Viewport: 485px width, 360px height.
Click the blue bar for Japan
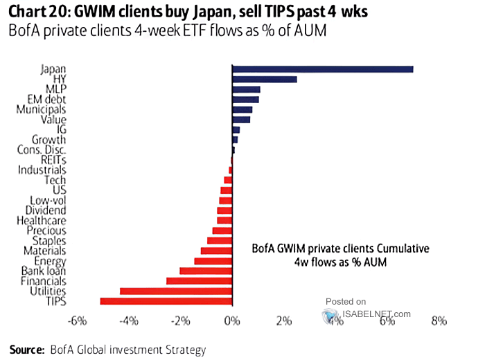pos(322,69)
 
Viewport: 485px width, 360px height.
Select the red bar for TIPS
pos(166,301)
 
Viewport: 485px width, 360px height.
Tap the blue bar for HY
pos(264,79)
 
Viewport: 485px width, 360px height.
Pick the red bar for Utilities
pos(176,291)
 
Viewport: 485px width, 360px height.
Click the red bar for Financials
pos(199,281)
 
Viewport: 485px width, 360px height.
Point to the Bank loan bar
pos(206,271)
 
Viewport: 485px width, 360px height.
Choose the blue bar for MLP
pos(246,89)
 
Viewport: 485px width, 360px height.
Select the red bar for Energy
pos(213,261)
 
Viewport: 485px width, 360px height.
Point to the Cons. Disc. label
pos(42,150)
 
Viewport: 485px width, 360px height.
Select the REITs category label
pos(53,160)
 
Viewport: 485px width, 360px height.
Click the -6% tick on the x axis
pos(76,321)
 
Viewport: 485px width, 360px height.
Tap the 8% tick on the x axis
pos(439,321)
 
